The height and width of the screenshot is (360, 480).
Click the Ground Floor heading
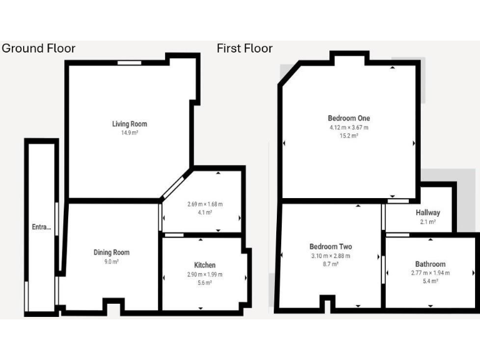pyautogui.click(x=39, y=48)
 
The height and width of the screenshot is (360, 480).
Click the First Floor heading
pyautogui.click(x=244, y=48)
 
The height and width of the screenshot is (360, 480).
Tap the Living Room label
pyautogui.click(x=129, y=124)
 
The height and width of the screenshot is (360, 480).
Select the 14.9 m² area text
pyautogui.click(x=129, y=133)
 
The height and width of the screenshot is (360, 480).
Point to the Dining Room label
pyautogui.click(x=111, y=252)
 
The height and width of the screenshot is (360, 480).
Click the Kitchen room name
pyautogui.click(x=205, y=266)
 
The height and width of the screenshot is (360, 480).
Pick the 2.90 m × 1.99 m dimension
pyautogui.click(x=205, y=274)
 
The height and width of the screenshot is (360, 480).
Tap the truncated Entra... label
pyautogui.click(x=41, y=227)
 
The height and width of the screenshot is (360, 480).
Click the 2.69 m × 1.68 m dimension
pyautogui.click(x=205, y=204)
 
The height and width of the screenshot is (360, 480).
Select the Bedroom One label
pyautogui.click(x=349, y=118)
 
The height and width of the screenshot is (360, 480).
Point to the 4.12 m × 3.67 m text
pyautogui.click(x=349, y=127)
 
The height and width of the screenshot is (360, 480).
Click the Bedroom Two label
pyautogui.click(x=330, y=246)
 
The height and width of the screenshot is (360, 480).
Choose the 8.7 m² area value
pyautogui.click(x=330, y=264)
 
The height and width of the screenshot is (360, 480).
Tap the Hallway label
pyautogui.click(x=428, y=213)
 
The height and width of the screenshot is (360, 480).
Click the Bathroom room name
pyautogui.click(x=430, y=264)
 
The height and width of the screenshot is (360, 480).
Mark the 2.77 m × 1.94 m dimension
pyautogui.click(x=430, y=273)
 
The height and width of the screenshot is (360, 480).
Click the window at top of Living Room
pyautogui.click(x=129, y=62)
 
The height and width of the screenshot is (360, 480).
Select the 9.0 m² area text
pyautogui.click(x=111, y=262)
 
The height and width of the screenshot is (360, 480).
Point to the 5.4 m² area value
pyautogui.click(x=430, y=282)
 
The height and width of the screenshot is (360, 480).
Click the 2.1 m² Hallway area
pyautogui.click(x=428, y=222)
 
